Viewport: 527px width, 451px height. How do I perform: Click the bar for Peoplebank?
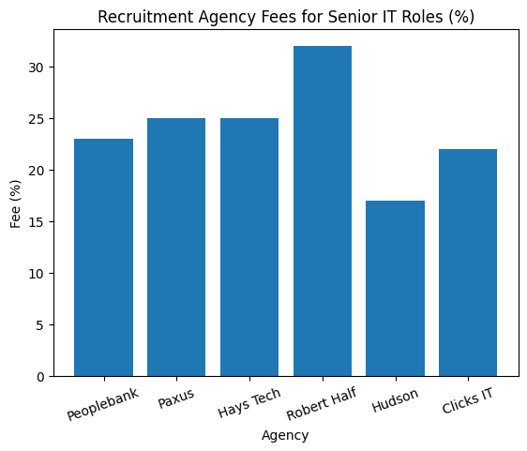pos(103,258)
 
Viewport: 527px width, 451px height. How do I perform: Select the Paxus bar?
pos(176,248)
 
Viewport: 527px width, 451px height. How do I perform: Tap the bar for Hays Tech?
pos(249,248)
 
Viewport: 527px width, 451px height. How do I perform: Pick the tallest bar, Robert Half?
pos(323,211)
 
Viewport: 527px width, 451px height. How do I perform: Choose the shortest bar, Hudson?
pos(395,289)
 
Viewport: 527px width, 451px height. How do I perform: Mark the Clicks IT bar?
pos(468,263)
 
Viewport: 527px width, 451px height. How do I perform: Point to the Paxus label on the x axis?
pos(177,398)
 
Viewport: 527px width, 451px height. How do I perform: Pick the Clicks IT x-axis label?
pos(467,402)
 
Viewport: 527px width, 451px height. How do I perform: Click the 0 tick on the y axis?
pos(41,377)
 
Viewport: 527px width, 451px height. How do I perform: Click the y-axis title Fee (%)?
pos(15,203)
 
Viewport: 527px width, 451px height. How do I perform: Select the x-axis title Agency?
pos(285,436)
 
